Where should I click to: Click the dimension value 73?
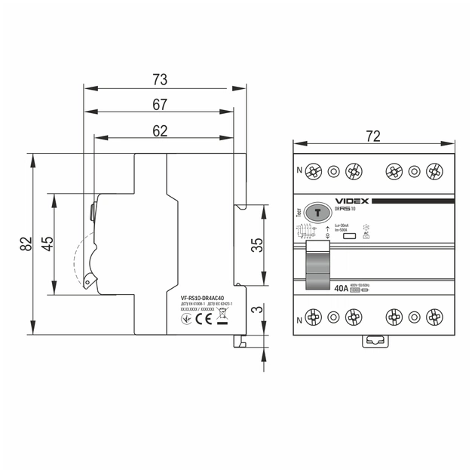159,79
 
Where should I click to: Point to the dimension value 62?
159,130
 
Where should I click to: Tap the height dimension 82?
26,244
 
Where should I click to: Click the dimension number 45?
47,244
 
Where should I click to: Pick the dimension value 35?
256,245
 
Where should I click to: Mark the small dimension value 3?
256,310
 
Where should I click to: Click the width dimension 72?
372,136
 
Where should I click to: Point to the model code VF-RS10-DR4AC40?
202,298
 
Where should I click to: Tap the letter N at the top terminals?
299,171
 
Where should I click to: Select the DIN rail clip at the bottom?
374,342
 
